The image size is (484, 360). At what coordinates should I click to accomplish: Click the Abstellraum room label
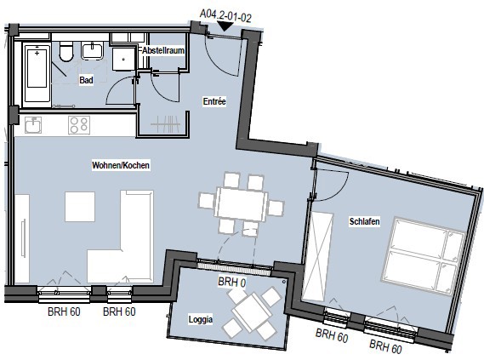pos(163,50)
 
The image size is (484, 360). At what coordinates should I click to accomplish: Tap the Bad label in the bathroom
pos(86,80)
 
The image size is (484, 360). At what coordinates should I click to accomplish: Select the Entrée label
pos(214,101)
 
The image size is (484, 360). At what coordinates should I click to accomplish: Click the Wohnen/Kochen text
pos(121,165)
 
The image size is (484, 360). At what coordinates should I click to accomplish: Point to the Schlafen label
pos(365,221)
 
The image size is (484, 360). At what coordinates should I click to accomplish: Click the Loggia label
pos(201,319)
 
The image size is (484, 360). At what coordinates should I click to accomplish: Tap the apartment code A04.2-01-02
pos(225,16)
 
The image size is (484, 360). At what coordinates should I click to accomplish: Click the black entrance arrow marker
pos(225,26)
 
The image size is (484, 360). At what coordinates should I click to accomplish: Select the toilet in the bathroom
pos(66,51)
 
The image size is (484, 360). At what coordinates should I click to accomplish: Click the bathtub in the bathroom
pos(37,73)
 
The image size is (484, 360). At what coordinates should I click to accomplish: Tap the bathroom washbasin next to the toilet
pos(93,51)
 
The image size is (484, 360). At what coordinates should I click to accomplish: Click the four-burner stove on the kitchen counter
pos(79,125)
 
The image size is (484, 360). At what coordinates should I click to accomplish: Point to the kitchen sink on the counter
pos(33,125)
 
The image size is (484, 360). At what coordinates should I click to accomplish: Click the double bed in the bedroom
pos(424,256)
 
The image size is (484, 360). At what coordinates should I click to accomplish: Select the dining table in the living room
pos(241,203)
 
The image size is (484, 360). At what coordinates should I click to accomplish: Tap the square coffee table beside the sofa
pos(80,207)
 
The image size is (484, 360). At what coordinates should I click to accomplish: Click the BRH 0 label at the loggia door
pos(232,283)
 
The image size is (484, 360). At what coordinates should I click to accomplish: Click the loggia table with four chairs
pos(252,312)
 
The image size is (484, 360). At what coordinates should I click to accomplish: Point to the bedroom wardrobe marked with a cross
pos(317,257)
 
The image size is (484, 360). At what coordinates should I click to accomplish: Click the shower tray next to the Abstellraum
pos(124,59)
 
